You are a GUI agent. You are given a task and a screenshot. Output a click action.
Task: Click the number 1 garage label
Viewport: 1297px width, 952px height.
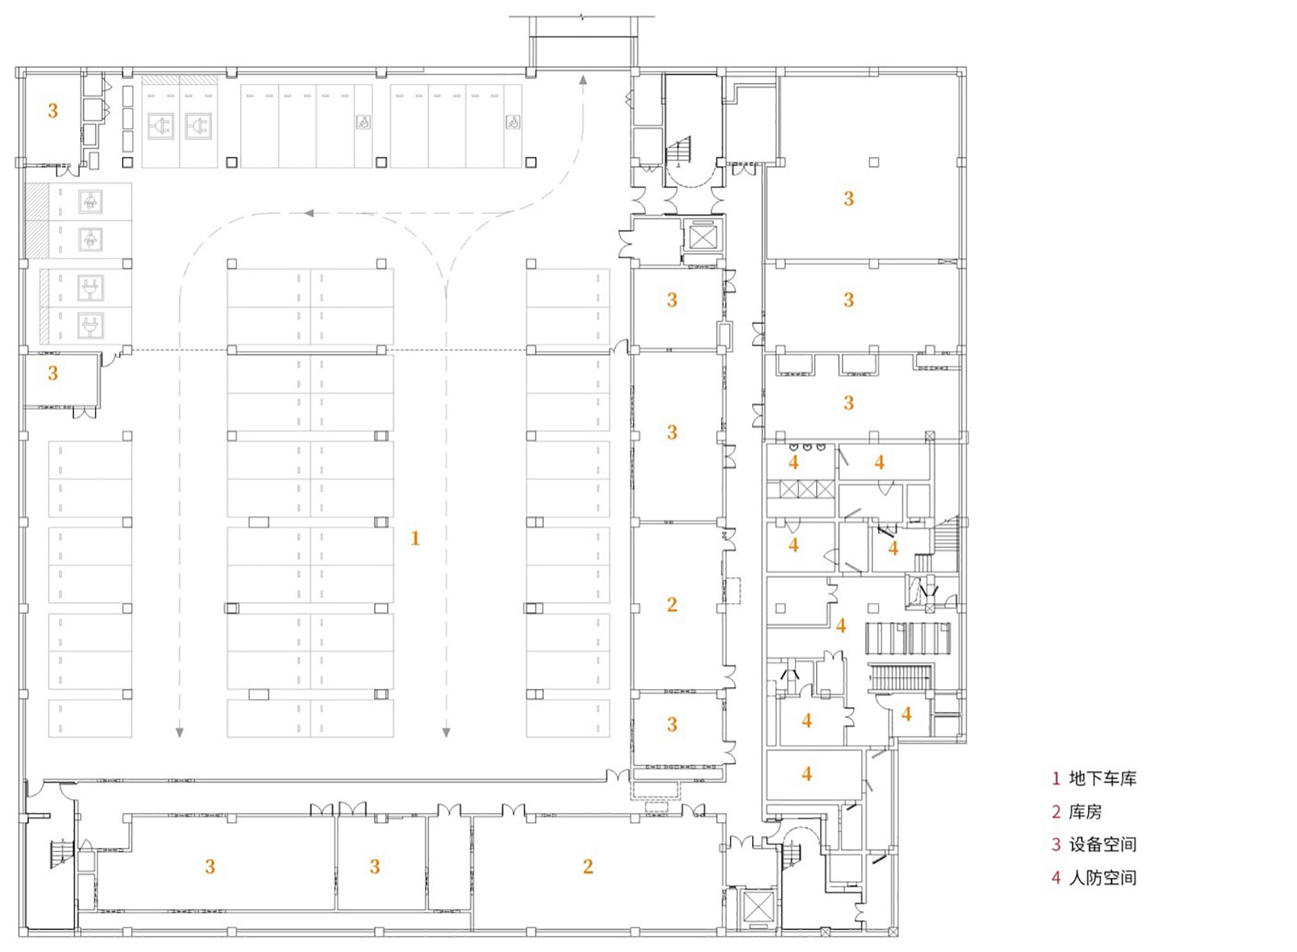tap(415, 538)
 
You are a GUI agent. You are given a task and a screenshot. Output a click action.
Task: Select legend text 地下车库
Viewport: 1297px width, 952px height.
tap(1102, 779)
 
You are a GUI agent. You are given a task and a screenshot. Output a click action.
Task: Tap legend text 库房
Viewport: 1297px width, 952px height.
tap(1085, 812)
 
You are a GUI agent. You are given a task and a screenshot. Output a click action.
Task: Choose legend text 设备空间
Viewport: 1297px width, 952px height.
tap(1102, 844)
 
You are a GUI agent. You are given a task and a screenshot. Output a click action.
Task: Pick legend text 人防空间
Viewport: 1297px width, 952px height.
tap(1102, 878)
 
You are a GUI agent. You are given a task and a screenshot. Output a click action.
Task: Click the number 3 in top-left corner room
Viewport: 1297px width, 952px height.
tap(53, 111)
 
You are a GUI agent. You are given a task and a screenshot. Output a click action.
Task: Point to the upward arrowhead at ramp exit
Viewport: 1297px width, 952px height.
tap(583, 79)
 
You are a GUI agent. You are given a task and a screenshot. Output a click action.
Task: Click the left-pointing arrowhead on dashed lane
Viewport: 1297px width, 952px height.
tap(309, 213)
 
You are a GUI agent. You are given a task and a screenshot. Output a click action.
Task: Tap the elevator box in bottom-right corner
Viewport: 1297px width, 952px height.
tap(758, 908)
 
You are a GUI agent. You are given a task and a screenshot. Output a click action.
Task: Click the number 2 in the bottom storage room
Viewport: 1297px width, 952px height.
tap(587, 866)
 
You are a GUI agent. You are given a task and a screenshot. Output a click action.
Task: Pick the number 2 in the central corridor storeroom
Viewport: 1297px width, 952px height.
tap(671, 605)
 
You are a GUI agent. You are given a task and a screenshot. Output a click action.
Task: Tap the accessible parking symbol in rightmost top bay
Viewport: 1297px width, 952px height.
tap(513, 122)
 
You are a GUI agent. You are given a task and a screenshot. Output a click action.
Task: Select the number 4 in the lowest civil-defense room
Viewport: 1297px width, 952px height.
tap(806, 774)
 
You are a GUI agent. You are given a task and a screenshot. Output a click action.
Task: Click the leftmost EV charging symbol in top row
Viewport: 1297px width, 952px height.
tap(161, 126)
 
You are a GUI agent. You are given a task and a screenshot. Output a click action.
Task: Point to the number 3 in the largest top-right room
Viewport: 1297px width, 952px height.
tap(848, 199)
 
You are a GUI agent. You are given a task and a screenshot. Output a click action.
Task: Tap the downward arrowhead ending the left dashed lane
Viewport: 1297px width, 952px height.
tap(179, 733)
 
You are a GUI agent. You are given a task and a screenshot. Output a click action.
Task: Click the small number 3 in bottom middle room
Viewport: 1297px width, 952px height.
tap(375, 866)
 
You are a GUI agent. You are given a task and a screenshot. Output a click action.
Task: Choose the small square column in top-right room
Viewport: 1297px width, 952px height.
tap(874, 162)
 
